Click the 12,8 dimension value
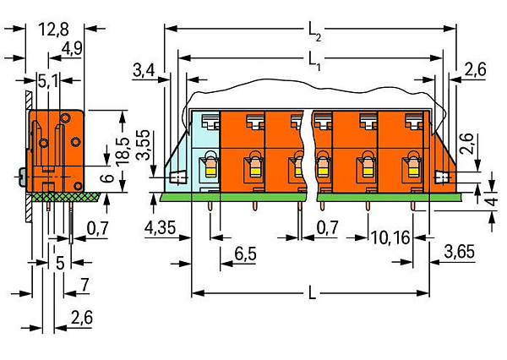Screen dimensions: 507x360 click(x=54, y=30)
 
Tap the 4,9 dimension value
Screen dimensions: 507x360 click(x=72, y=49)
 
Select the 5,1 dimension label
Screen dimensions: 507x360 click(x=48, y=81)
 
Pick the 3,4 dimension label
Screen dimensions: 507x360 click(x=144, y=70)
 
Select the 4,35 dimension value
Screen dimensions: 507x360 click(x=160, y=228)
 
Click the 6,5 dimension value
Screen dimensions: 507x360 click(x=245, y=254)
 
